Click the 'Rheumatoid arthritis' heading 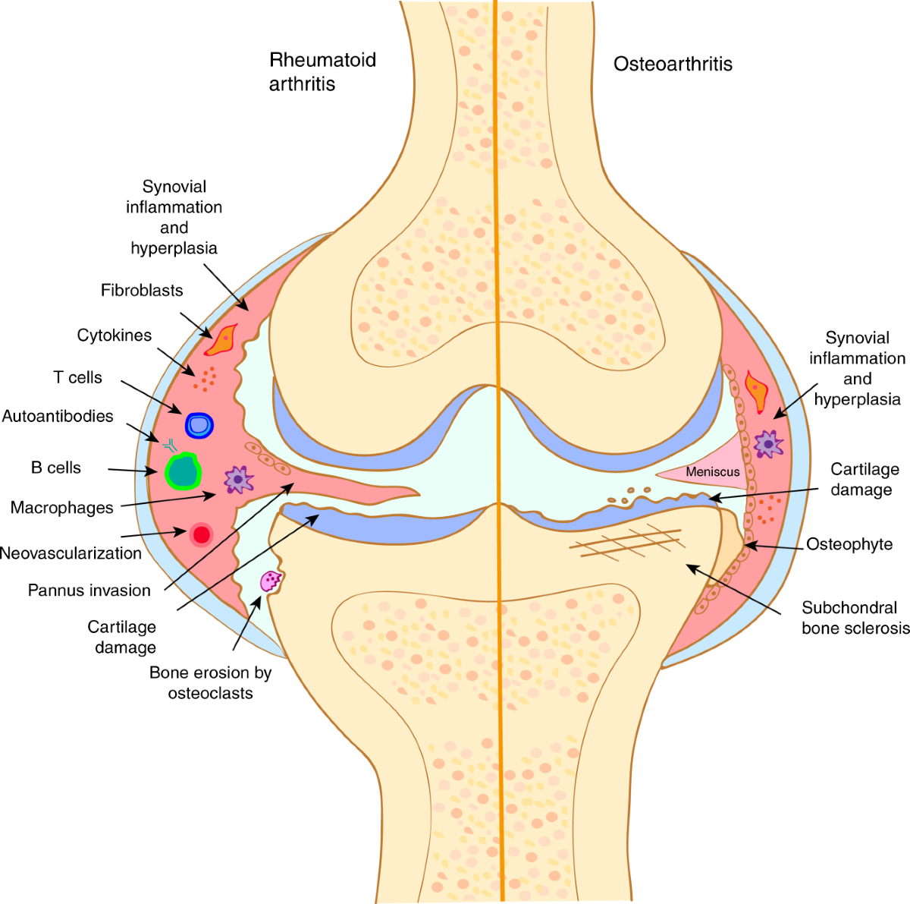(x=322, y=71)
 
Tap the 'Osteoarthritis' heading (x=673, y=64)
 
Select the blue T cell (x=199, y=424)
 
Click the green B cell (x=183, y=471)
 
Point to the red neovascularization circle (x=201, y=534)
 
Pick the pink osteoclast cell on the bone (x=271, y=581)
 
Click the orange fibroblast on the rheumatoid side (x=222, y=339)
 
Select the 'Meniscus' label (x=712, y=472)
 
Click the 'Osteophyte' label (x=849, y=544)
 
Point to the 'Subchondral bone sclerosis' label (x=855, y=618)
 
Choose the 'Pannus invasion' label (x=89, y=590)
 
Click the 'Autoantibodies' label (x=58, y=416)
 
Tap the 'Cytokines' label (x=115, y=335)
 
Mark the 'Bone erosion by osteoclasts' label (x=210, y=682)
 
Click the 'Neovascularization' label (x=71, y=553)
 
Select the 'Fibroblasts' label (x=142, y=290)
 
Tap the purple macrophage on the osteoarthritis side (x=769, y=443)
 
